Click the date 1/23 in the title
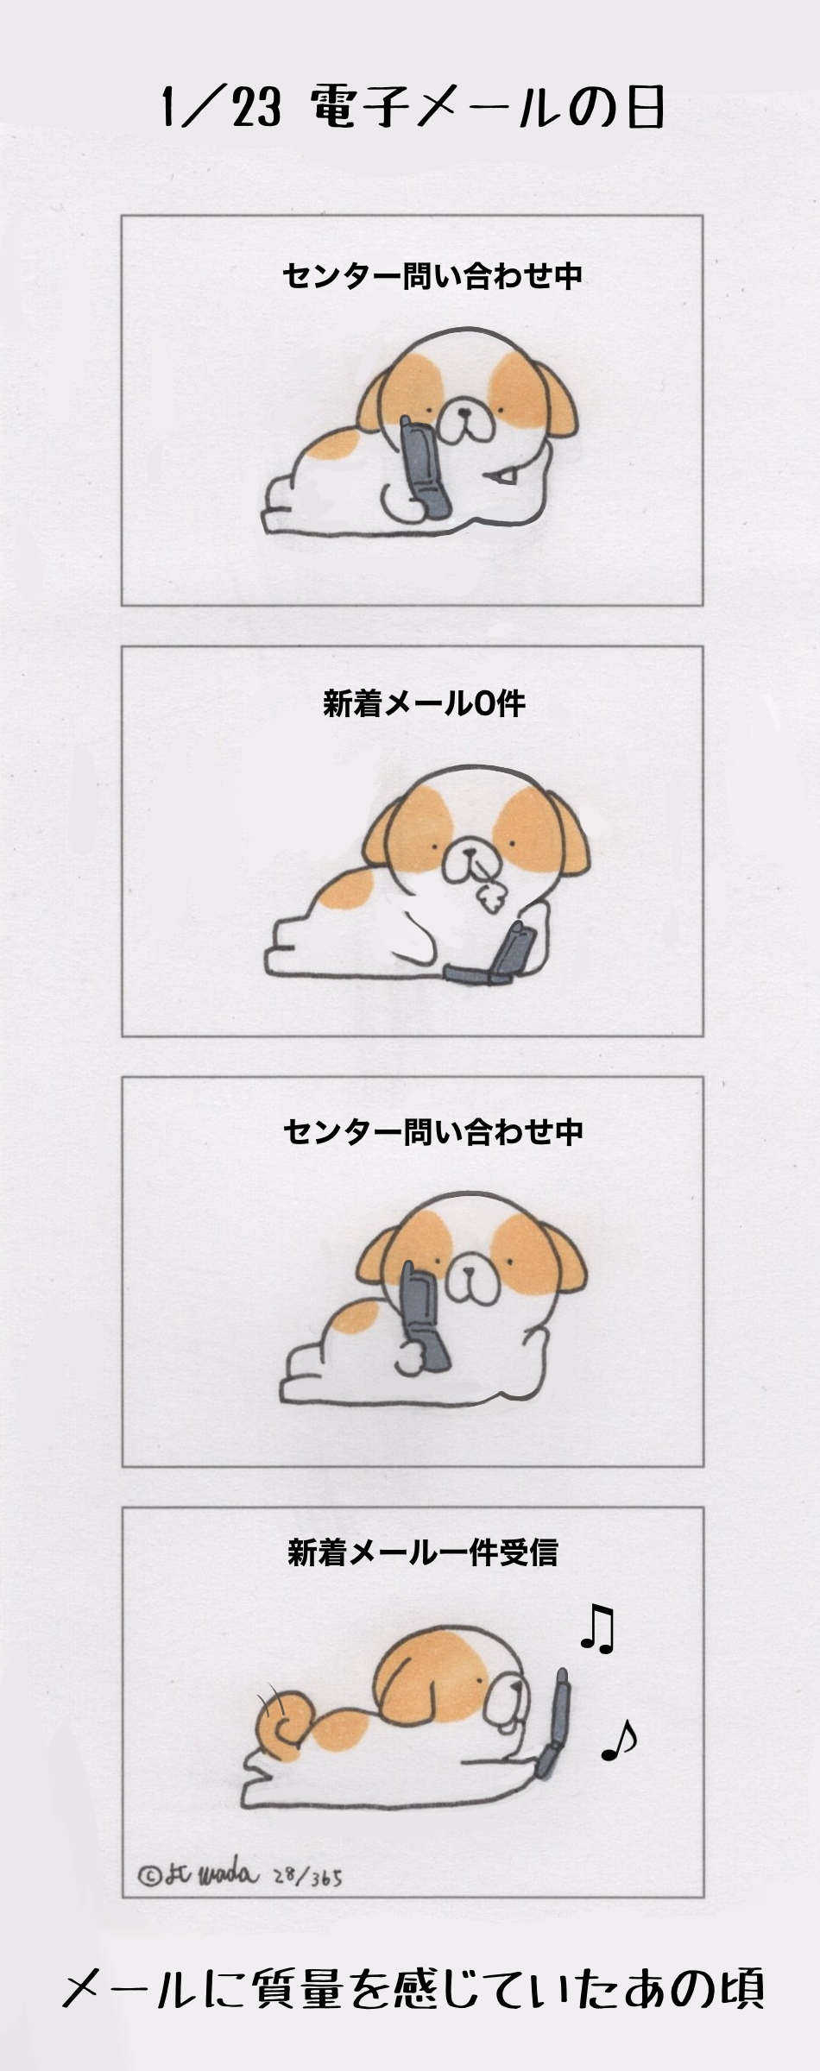point(222,107)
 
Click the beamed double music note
point(597,1629)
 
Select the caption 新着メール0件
point(424,703)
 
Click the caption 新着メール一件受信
point(422,1552)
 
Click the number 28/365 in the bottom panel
point(307,1877)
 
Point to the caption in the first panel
point(432,276)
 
